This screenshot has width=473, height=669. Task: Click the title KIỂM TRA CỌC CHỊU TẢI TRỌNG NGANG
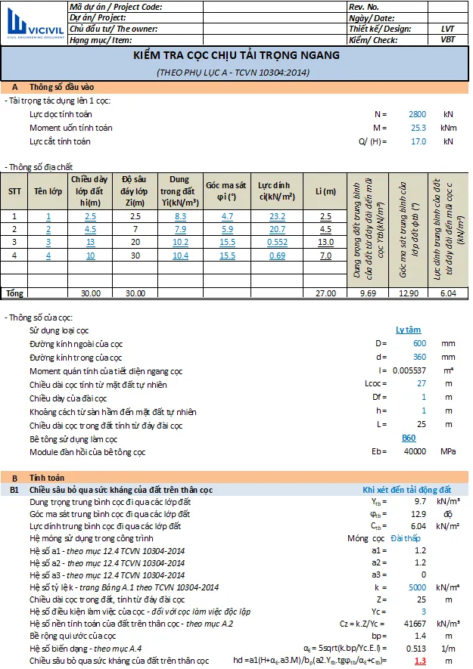coord(236,55)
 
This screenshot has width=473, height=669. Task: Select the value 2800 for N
coord(417,113)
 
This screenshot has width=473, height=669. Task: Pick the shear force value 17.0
coord(417,141)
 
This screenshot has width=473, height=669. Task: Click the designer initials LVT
coord(447,29)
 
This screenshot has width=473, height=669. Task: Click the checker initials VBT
coord(447,39)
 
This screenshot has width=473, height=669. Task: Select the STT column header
coord(14,191)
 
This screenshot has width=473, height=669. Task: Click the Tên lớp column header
coord(48,191)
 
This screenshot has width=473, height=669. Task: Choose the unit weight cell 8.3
coord(179,216)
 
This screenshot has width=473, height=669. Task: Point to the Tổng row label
coord(14,293)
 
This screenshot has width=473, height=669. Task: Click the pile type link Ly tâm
coord(409,330)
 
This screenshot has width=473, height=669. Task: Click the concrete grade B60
coord(409,438)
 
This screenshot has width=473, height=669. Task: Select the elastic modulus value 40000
coord(414,452)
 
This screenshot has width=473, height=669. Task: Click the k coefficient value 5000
coord(417,587)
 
